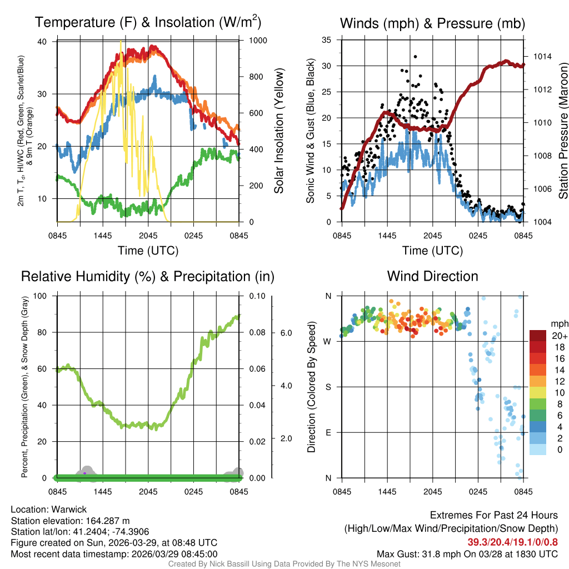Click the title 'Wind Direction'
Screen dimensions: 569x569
[432, 276]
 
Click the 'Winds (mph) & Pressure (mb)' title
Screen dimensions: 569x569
[432, 24]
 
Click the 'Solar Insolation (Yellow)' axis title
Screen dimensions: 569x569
[278, 131]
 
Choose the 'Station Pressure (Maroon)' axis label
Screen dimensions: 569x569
[563, 131]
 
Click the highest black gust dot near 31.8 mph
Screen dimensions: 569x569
[415, 56]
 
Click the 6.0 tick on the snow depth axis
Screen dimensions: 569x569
[286, 333]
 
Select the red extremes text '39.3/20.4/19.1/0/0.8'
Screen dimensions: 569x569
[512, 542]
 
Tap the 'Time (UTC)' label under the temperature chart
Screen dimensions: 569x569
[148, 251]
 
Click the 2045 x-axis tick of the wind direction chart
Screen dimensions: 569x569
[432, 492]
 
